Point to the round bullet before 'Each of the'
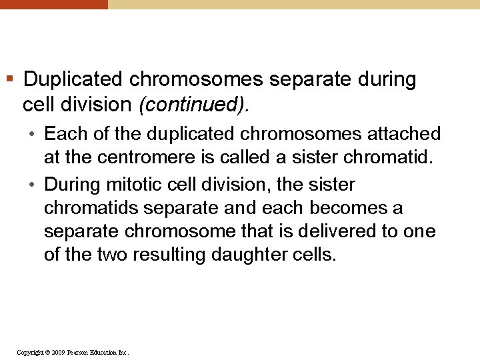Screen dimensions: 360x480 point(32,134)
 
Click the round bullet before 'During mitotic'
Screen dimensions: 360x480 point(32,185)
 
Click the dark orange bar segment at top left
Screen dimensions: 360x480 point(53,4)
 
